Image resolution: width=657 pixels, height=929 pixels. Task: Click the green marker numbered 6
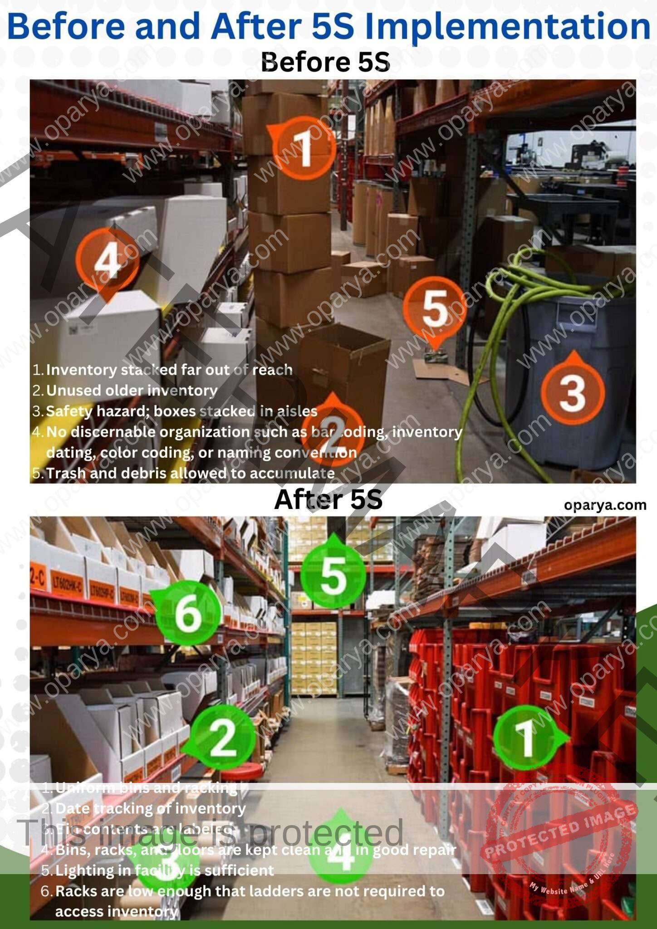coord(188,613)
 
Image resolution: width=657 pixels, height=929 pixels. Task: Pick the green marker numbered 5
coord(333,576)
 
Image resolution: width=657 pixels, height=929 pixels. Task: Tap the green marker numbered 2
coord(222,738)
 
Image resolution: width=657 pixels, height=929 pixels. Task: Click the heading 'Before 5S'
coord(325,62)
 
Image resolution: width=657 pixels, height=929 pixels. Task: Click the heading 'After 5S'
coord(328,499)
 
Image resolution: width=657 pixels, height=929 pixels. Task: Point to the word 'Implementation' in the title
coord(507,26)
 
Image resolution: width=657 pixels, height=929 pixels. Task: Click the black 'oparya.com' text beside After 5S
coord(605,505)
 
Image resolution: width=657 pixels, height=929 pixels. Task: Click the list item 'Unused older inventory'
coord(132,391)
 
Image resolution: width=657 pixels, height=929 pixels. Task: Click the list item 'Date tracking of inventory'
coord(150,808)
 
